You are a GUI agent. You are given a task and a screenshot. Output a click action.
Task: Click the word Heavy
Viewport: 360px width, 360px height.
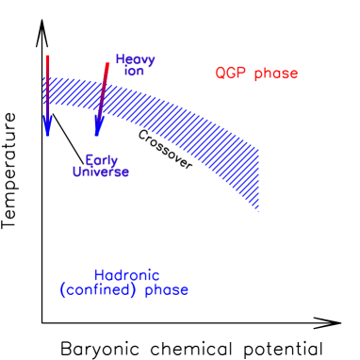(135, 59)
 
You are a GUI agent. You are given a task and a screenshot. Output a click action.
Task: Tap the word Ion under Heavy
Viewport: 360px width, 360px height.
(134, 72)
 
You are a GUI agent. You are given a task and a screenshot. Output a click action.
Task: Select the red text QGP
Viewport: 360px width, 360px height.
(231, 74)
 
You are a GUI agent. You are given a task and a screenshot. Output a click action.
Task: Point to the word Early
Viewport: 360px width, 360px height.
(102, 160)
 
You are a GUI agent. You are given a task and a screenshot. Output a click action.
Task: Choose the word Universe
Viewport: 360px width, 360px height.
(101, 172)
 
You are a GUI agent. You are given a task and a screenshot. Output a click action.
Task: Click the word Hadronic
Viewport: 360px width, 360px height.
(126, 275)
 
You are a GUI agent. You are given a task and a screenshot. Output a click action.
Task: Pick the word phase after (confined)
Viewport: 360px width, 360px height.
(167, 291)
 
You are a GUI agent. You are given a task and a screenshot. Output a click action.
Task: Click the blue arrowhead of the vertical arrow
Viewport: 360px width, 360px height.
(47, 127)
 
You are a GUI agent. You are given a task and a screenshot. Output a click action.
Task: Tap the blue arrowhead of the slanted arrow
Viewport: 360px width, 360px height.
(97, 129)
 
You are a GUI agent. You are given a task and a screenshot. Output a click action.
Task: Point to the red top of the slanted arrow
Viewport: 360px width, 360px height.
(108, 64)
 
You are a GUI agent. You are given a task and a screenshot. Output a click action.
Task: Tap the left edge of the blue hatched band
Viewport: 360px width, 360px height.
(45, 90)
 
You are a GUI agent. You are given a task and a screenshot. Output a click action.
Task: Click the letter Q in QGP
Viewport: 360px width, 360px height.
(221, 74)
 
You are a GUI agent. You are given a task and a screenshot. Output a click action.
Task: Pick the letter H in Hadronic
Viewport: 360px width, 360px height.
(100, 275)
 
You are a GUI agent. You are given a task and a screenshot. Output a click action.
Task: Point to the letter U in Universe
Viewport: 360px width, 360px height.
(77, 172)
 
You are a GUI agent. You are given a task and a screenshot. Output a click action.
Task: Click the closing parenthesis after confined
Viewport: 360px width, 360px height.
(137, 290)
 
